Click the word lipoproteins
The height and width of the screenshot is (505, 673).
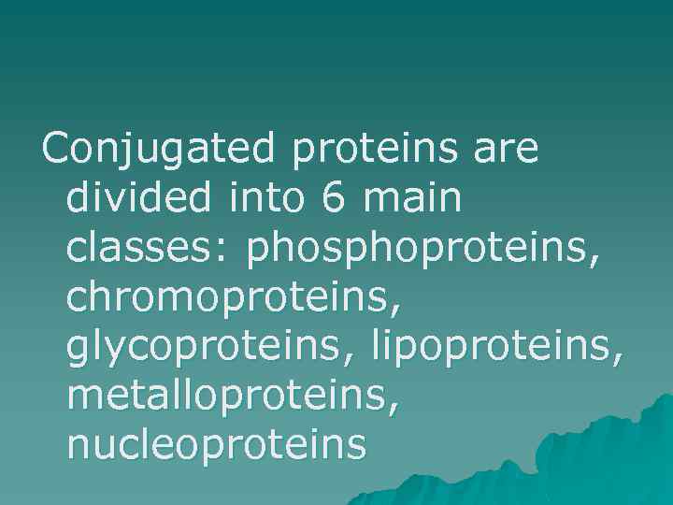coord(492,348)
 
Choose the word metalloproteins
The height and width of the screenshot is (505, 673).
coord(229,397)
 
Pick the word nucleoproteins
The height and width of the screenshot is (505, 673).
coord(216,446)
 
